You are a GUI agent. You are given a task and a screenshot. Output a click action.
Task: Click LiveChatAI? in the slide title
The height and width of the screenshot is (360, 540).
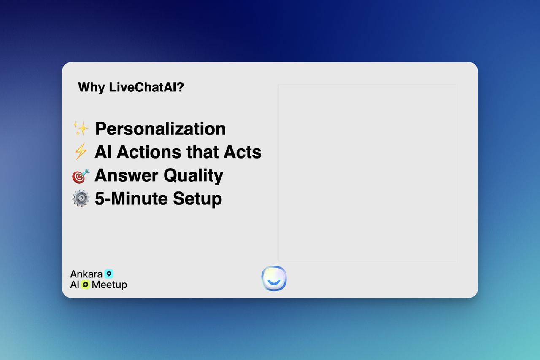pos(146,88)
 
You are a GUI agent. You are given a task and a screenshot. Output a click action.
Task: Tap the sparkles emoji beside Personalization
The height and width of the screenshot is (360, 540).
pos(81,129)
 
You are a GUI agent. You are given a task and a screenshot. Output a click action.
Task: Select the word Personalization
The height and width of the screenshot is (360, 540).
pos(160,129)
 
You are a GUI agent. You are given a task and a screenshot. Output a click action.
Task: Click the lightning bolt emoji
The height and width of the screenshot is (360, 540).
pos(81,152)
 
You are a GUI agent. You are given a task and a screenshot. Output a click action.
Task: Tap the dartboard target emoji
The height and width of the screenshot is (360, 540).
pos(81,176)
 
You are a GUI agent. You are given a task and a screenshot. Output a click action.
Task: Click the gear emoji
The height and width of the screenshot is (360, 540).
pos(81,198)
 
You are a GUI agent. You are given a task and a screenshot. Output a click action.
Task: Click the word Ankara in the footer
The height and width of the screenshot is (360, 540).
pos(86,274)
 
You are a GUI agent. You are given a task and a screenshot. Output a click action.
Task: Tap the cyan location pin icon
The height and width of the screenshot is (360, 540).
pos(109,274)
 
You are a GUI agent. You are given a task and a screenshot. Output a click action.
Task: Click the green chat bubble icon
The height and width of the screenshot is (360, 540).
pos(86,285)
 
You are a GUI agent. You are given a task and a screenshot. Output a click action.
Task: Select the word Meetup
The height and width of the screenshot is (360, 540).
pos(109,285)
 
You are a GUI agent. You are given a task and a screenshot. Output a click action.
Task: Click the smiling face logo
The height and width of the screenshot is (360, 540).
pos(274,278)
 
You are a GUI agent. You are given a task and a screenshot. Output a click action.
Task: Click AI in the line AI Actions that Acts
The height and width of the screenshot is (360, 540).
pos(103,152)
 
